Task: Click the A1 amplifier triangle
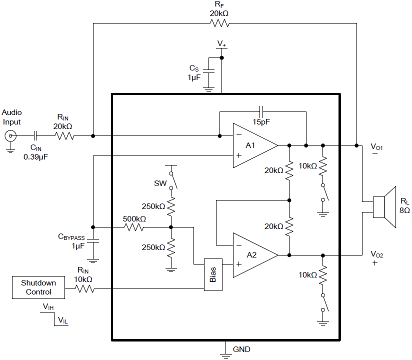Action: [x=252, y=145]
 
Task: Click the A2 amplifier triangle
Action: [x=252, y=254]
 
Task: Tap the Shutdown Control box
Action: [x=38, y=287]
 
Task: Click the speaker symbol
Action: [x=384, y=208]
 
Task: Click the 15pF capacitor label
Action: [x=262, y=121]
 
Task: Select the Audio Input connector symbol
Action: [x=9, y=135]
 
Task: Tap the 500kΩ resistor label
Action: [x=134, y=219]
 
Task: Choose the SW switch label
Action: [x=160, y=183]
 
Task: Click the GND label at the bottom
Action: [x=241, y=349]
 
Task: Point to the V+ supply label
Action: [x=221, y=44]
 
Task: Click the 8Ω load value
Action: [x=404, y=211]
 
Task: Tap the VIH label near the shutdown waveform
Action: [x=47, y=306]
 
